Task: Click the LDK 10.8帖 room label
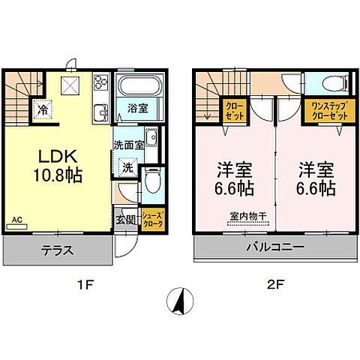click(x=58, y=166)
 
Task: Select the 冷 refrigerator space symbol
click(x=43, y=109)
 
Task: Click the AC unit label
click(x=17, y=220)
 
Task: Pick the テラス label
click(x=58, y=250)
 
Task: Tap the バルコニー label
click(x=275, y=247)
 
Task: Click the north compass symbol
click(x=180, y=301)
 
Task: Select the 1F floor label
click(x=85, y=285)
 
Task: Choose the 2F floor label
click(x=275, y=285)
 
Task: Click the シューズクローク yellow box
click(x=152, y=220)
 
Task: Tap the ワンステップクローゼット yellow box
click(x=330, y=111)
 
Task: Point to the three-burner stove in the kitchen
click(x=100, y=82)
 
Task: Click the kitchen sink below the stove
click(x=100, y=112)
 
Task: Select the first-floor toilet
click(x=152, y=181)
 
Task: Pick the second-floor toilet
click(x=334, y=83)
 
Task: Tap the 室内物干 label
click(x=248, y=216)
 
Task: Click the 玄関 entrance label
click(x=126, y=220)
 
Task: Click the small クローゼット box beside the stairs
click(x=235, y=110)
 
